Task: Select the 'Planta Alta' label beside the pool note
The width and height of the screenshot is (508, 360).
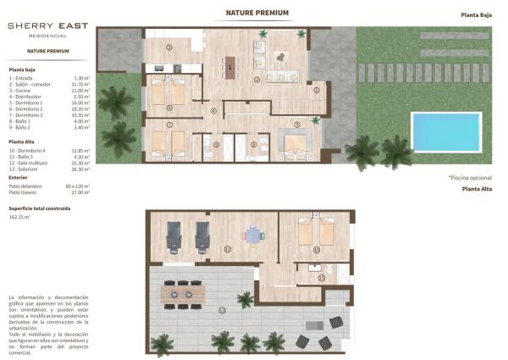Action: (x=478, y=189)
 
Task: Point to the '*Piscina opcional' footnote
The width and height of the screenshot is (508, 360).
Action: (x=470, y=177)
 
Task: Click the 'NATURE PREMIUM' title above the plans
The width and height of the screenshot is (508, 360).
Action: (x=257, y=14)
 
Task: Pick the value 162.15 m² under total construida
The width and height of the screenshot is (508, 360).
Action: (x=19, y=217)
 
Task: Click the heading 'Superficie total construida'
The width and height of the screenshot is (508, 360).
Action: (x=39, y=208)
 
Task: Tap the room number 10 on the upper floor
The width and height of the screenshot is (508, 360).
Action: (x=316, y=250)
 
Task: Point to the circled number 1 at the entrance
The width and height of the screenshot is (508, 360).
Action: (x=317, y=90)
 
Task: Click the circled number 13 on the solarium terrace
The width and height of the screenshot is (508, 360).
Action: (x=222, y=311)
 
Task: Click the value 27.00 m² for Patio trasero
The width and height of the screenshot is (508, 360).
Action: (x=81, y=191)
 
